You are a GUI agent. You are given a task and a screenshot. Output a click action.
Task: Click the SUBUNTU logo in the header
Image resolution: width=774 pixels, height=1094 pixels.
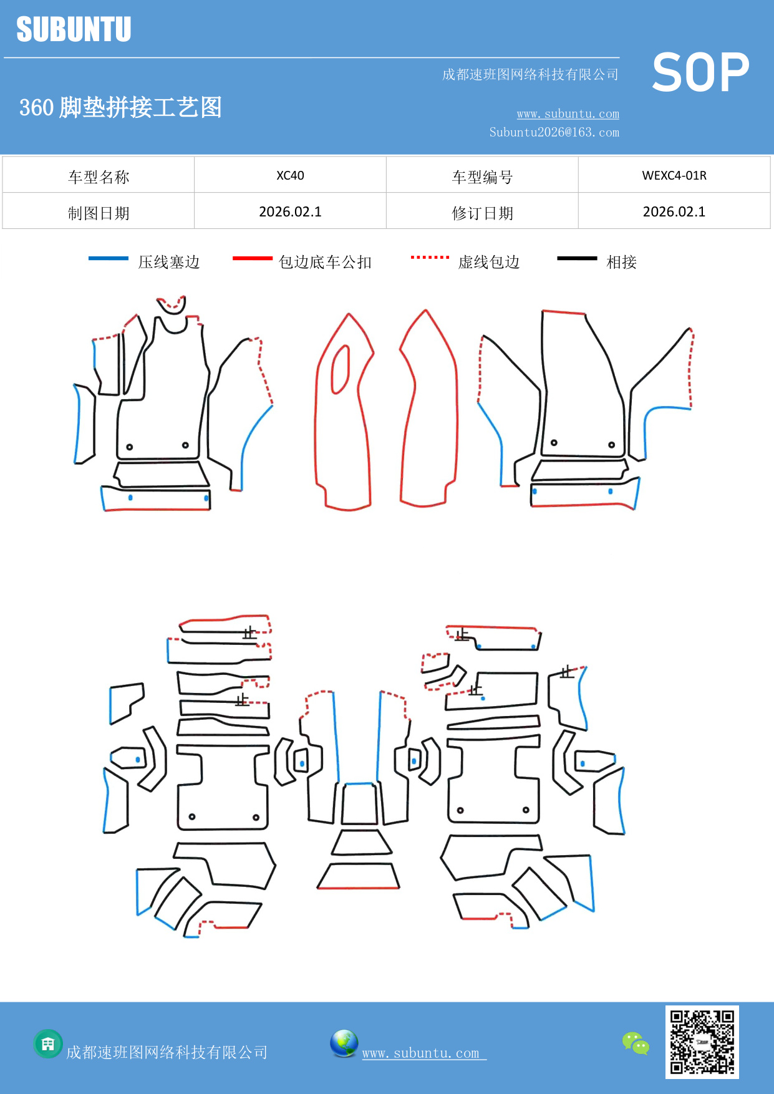pyautogui.click(x=74, y=29)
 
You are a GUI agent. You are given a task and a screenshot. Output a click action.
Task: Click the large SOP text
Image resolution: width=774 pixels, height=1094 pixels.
pyautogui.click(x=700, y=73)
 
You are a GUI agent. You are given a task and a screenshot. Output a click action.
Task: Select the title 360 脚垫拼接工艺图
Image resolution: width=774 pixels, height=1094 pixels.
pyautogui.click(x=120, y=107)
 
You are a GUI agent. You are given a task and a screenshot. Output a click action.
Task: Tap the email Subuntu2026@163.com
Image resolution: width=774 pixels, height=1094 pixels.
pyautogui.click(x=554, y=132)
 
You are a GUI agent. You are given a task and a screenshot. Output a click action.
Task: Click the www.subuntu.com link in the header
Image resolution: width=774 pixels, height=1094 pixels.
pyautogui.click(x=568, y=114)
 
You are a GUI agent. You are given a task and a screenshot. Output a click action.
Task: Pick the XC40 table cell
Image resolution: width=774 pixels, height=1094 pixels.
pyautogui.click(x=290, y=175)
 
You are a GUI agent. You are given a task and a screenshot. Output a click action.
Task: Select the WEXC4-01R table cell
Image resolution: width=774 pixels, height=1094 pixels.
pyautogui.click(x=674, y=175)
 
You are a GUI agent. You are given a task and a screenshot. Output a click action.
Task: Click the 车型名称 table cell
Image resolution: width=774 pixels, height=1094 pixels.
pyautogui.click(x=99, y=177)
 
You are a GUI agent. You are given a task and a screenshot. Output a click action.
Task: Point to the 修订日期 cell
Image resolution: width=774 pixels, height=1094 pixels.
pyautogui.click(x=482, y=213)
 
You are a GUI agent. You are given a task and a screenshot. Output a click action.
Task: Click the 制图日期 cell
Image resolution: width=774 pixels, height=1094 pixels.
pyautogui.click(x=99, y=213)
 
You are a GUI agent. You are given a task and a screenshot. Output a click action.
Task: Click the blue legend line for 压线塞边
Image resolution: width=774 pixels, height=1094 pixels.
pyautogui.click(x=108, y=258)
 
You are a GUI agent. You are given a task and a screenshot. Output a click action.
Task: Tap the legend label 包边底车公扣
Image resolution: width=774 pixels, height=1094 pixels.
pyautogui.click(x=325, y=262)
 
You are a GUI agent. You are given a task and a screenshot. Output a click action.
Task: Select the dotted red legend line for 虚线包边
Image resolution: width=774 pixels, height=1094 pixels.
pyautogui.click(x=430, y=257)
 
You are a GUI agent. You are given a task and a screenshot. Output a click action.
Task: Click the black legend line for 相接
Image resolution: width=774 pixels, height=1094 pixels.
pyautogui.click(x=577, y=258)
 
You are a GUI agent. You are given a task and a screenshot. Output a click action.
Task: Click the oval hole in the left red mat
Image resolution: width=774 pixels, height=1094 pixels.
pyautogui.click(x=341, y=369)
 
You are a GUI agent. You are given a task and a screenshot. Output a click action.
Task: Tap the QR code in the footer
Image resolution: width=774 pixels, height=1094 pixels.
pyautogui.click(x=702, y=1042)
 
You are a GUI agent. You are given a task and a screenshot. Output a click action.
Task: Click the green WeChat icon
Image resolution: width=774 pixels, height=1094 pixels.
pyautogui.click(x=636, y=1043)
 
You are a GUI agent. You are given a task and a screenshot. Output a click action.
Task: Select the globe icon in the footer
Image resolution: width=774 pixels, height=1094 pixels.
pyautogui.click(x=344, y=1043)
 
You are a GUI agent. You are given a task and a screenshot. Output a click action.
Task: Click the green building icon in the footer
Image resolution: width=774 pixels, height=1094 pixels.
pyautogui.click(x=48, y=1043)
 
